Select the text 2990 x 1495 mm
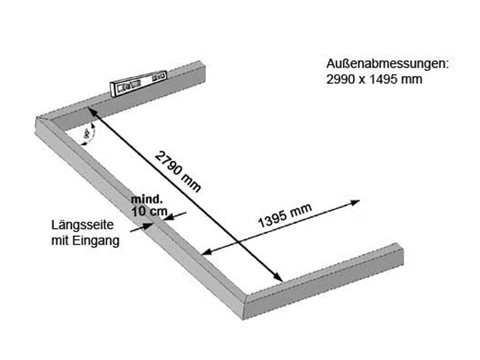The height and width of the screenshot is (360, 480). (374, 79)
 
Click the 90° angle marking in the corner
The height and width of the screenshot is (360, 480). (88, 135)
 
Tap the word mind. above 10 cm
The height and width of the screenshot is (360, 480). (146, 199)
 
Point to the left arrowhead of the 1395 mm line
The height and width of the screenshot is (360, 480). (206, 253)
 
